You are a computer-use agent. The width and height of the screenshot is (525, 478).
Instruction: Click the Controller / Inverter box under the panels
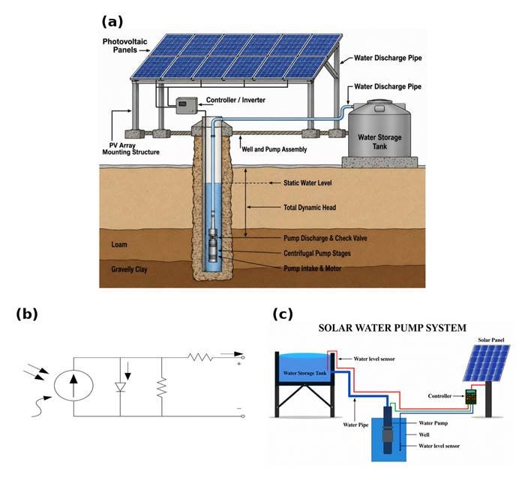point(187,105)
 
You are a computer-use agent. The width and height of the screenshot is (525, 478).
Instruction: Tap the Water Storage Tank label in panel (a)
point(379,142)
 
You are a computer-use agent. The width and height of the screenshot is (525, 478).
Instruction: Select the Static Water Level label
point(307,183)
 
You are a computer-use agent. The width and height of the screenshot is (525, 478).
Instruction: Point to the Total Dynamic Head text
point(310,207)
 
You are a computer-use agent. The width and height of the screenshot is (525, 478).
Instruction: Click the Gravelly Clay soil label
point(129,269)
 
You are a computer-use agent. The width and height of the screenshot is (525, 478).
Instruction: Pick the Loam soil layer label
point(119,245)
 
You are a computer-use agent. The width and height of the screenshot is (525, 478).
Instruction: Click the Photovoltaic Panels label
point(125,46)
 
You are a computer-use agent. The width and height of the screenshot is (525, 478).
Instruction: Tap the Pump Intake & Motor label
point(313,269)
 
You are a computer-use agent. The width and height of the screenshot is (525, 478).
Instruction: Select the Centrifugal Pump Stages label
point(317,253)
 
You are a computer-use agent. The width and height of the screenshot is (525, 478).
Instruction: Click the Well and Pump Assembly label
point(274,149)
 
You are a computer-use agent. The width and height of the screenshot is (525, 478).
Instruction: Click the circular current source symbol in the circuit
point(73,385)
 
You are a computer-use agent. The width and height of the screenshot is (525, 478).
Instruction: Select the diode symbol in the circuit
point(120,387)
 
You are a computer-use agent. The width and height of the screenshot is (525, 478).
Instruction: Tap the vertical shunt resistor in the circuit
point(162,386)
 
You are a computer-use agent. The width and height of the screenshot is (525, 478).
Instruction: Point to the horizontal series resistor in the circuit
point(200,357)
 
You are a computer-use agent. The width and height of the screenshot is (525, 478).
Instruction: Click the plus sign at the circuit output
point(239,363)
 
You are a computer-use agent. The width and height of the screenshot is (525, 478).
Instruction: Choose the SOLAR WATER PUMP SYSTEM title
point(392,328)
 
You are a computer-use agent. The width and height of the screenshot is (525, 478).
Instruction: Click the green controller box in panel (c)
point(471,397)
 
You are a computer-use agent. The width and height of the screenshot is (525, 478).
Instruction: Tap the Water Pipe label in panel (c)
point(355,425)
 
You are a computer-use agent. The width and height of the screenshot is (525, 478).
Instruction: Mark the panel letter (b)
point(27,314)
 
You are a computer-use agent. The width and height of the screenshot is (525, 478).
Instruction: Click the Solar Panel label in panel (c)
point(490,340)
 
